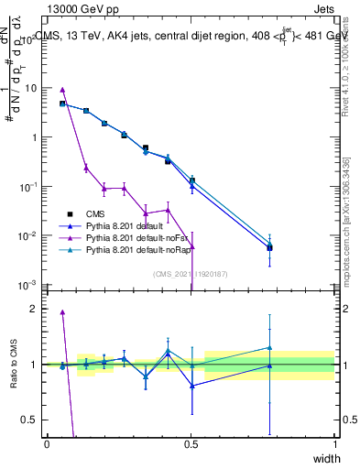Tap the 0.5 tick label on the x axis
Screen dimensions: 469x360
coord(191,444)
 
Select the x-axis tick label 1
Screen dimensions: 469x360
coord(335,444)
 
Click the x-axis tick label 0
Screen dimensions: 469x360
coord(47,444)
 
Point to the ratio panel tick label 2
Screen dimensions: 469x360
coord(34,309)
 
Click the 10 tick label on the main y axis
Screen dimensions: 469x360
coord(30,89)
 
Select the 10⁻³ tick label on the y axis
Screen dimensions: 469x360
coord(27,285)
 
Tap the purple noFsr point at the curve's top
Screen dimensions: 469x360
coord(62,90)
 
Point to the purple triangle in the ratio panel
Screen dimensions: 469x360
coord(62,312)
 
